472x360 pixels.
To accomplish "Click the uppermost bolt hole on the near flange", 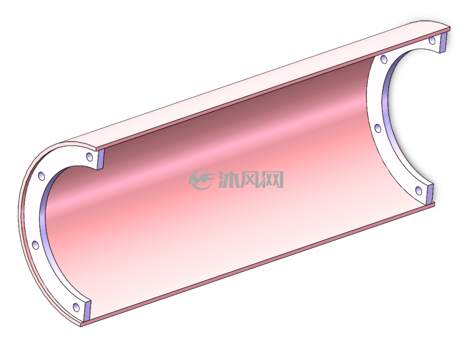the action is click(x=89, y=156).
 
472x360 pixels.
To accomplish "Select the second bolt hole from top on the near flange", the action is click(x=41, y=176).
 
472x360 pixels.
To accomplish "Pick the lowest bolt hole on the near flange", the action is click(x=77, y=307).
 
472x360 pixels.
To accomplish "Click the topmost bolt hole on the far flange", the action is click(x=432, y=40).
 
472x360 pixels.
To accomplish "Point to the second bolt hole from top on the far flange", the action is click(x=384, y=59).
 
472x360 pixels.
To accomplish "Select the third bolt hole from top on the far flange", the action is click(x=378, y=128).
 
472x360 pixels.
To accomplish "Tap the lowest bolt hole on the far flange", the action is click(x=418, y=190).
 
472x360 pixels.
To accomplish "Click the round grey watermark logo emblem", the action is click(x=201, y=179).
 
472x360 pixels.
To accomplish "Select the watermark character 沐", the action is click(x=228, y=179).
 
